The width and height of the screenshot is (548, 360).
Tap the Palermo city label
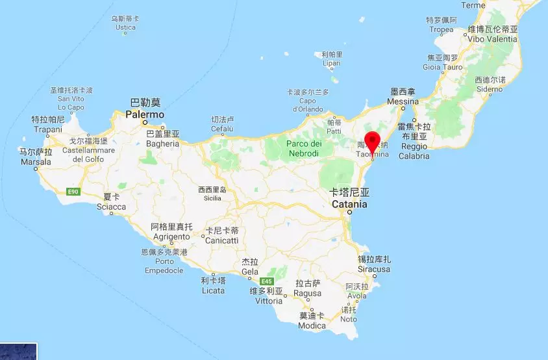pos(145,114)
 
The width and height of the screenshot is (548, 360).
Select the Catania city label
pos(349,204)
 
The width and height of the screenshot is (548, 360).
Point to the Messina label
pos(403,102)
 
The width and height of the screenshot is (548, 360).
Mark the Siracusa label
pos(374,268)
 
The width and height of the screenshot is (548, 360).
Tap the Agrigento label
pos(171,237)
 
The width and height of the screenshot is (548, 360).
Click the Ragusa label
pos(308,293)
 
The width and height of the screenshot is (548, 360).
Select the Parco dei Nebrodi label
pos(305,148)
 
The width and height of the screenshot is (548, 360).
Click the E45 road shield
pos(266,281)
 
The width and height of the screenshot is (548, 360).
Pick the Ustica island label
pos(125,28)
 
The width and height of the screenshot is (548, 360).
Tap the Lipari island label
pos(332,63)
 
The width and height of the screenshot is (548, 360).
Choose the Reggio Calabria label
pos(414,151)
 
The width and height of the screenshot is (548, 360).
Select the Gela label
pos(250,272)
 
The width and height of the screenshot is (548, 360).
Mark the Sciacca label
pos(111,207)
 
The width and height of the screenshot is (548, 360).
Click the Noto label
pos(349,319)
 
